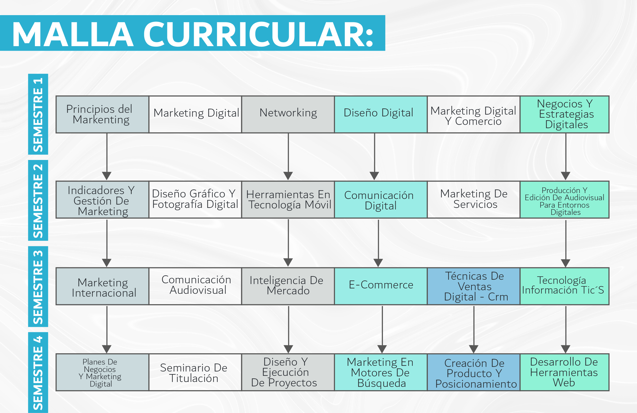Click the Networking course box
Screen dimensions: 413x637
point(288,114)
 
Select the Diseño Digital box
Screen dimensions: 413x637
point(381,114)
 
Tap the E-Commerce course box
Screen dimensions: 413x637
point(381,286)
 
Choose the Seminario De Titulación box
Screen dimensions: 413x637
point(195,372)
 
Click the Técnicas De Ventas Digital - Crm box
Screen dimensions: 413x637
point(474,286)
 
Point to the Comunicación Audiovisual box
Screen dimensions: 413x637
point(195,286)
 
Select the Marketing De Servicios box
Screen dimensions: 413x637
point(474,199)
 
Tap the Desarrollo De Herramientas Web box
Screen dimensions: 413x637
point(564,372)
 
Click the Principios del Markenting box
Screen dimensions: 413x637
point(102,114)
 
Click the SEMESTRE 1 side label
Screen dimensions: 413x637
point(38,114)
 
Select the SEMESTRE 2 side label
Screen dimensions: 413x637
point(38,200)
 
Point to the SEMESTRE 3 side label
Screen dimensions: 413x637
point(38,286)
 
